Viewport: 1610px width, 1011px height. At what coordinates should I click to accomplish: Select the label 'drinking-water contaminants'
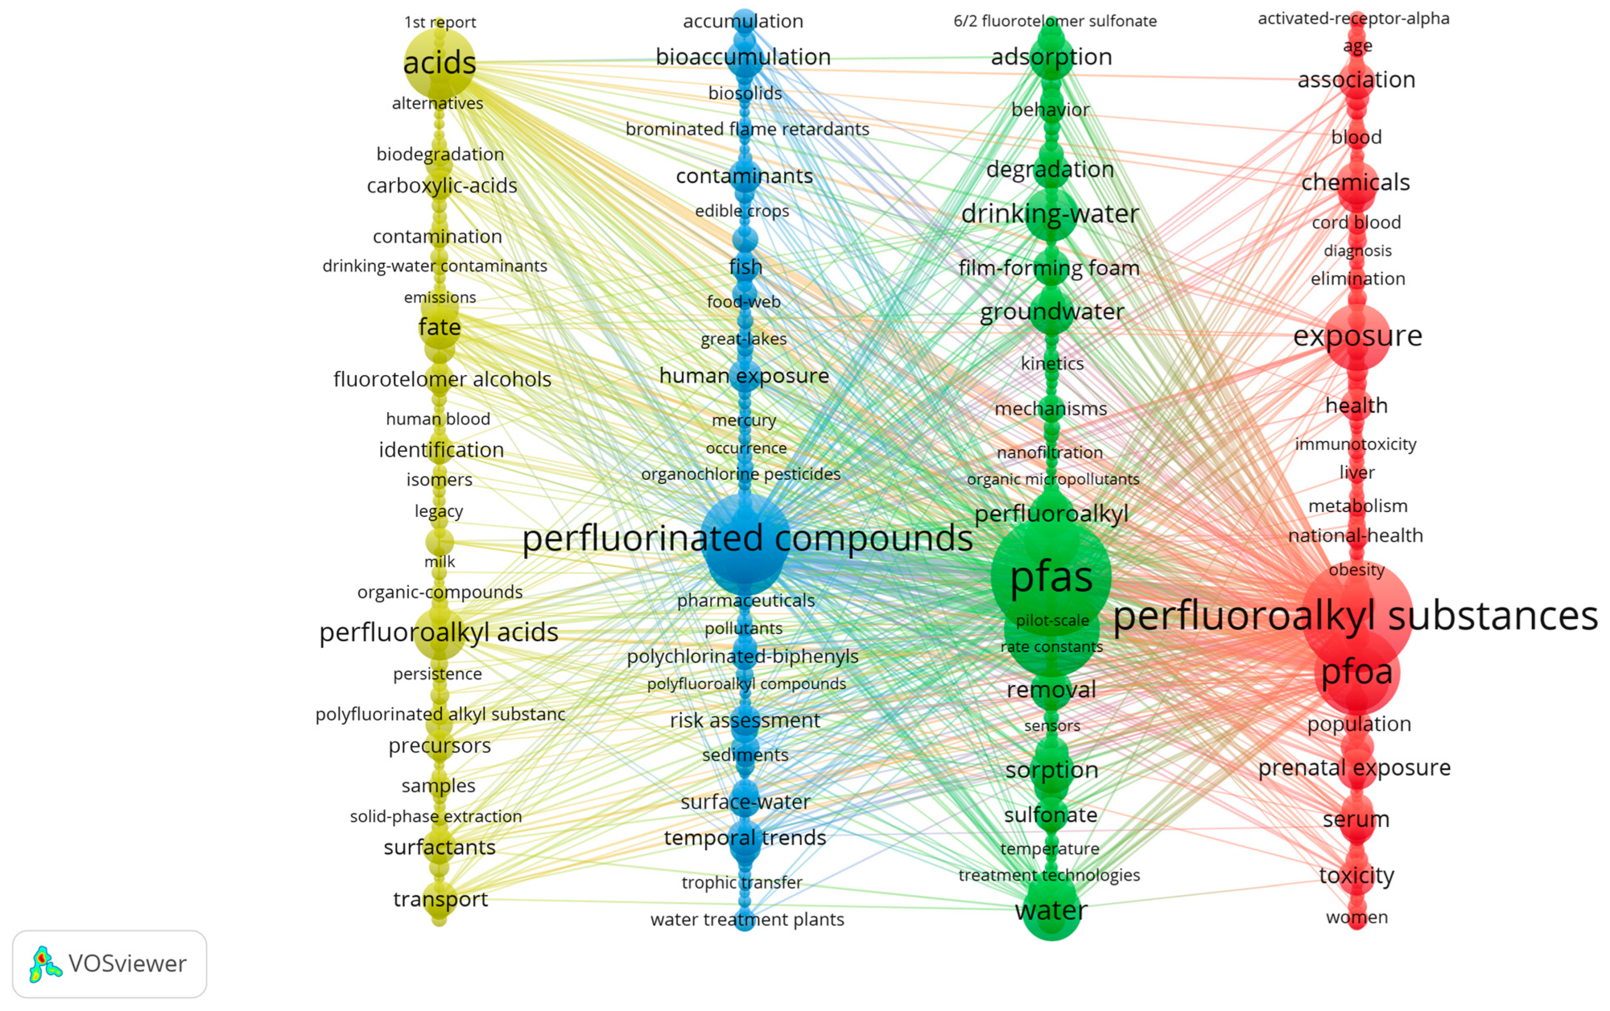click(x=435, y=266)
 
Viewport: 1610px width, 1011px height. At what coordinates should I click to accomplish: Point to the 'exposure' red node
click(x=1357, y=336)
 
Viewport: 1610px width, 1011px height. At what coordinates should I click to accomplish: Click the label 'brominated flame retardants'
click(x=747, y=129)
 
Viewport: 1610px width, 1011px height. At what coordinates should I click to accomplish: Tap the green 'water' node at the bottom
click(x=1051, y=911)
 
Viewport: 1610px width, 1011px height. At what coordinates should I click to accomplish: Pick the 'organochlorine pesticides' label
click(x=740, y=474)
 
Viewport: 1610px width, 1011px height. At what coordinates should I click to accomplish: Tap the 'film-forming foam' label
click(x=1048, y=268)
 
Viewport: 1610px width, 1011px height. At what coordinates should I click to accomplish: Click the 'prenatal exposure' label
click(x=1354, y=768)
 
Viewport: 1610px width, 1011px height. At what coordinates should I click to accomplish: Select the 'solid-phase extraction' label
click(x=435, y=816)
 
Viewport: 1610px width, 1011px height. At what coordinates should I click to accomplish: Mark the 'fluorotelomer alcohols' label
click(x=442, y=380)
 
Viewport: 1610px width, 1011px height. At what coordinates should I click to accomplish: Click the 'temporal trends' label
click(x=745, y=837)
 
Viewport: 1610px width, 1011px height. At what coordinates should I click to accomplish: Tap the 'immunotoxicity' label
click(x=1355, y=444)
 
